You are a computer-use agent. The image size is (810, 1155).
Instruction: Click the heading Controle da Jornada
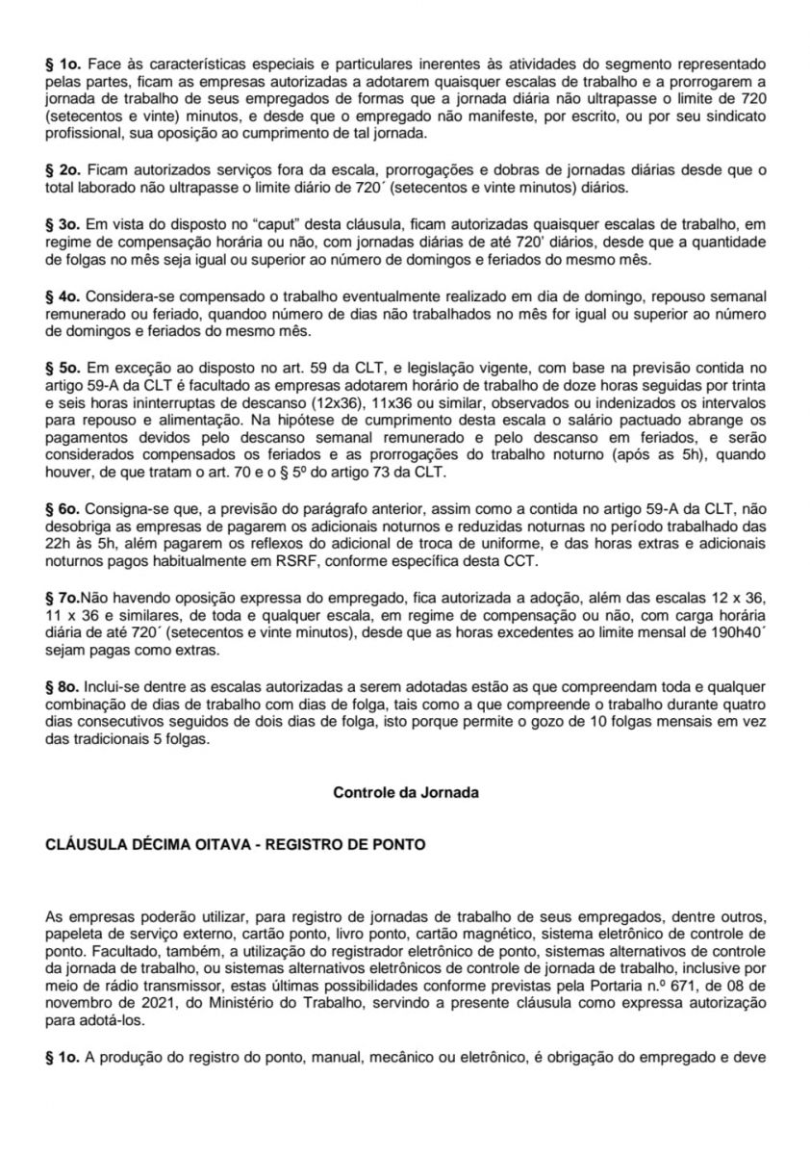[405, 793]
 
